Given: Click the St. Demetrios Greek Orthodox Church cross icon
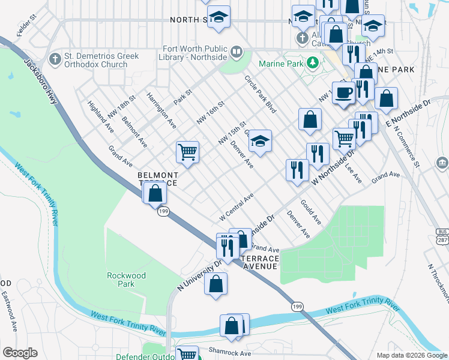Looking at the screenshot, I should [x=56, y=59].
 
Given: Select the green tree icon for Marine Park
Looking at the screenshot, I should [x=312, y=62].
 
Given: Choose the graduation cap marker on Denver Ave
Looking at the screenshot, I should [x=260, y=141].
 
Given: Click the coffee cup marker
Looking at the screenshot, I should [x=343, y=93].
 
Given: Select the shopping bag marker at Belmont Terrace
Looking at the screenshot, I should [x=155, y=193].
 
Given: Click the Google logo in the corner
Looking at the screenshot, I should [x=20, y=353].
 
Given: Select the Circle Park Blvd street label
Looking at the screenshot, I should [x=260, y=95].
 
